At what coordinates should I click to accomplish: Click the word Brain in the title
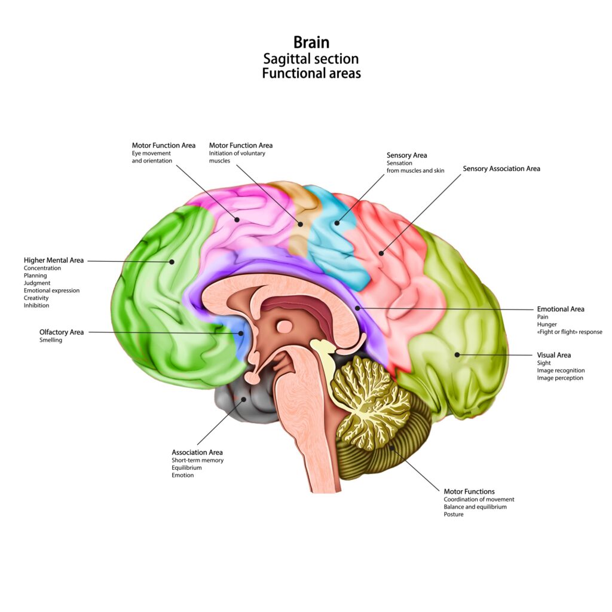[x=311, y=42]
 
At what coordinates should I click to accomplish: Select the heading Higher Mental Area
[x=54, y=261]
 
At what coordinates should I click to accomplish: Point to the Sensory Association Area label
[x=501, y=169]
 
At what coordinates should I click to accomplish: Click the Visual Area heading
[x=554, y=355]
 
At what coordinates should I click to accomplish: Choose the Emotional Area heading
[x=561, y=309]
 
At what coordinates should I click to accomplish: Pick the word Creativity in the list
[x=36, y=298]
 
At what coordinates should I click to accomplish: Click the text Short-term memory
[x=197, y=460]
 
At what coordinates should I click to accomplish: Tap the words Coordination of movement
[x=479, y=499]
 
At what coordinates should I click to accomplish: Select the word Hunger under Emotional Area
[x=547, y=325]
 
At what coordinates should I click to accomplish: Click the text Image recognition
[x=561, y=371]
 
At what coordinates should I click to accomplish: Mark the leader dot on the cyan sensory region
[x=336, y=224]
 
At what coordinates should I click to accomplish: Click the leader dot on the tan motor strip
[x=301, y=225]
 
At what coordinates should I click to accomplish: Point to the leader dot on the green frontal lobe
[x=172, y=261]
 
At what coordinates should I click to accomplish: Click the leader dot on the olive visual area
[x=457, y=354]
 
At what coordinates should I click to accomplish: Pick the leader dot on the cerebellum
[x=392, y=445]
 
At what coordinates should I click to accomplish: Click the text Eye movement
[x=151, y=154]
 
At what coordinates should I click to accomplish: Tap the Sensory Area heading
[x=407, y=155]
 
